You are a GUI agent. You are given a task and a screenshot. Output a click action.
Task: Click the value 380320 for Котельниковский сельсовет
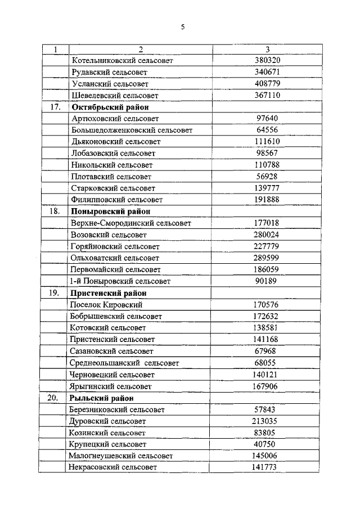point(268,60)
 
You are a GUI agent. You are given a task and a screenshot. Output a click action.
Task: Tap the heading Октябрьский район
point(105,107)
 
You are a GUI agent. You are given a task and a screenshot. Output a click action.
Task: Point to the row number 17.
point(55,107)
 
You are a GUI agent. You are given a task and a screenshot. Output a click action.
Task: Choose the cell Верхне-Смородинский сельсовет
point(131,223)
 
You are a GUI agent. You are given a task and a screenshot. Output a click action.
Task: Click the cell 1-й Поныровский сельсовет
point(120,281)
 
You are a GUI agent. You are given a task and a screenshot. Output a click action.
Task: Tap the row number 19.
point(55,293)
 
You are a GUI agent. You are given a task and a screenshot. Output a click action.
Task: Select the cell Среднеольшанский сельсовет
point(124,363)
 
